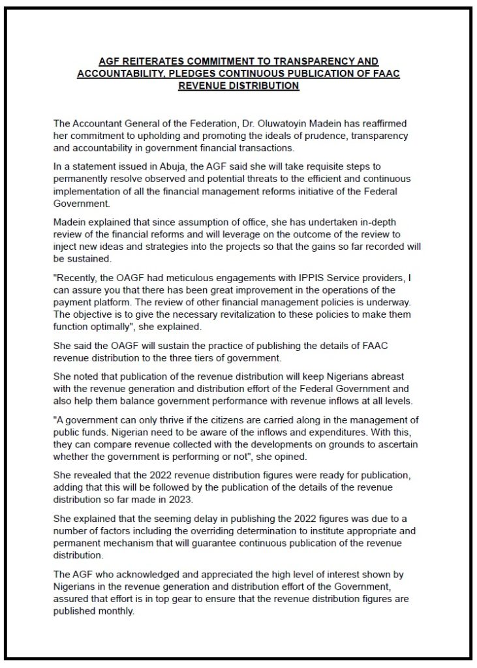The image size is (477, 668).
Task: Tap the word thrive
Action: click(171, 421)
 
